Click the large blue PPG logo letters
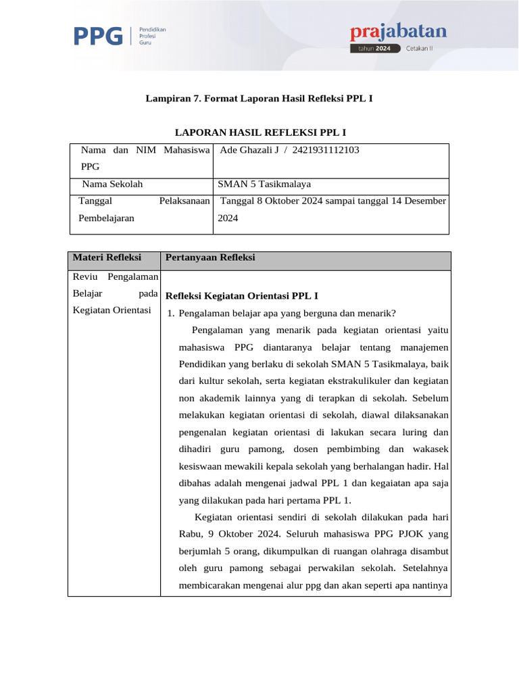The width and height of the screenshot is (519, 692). (98, 36)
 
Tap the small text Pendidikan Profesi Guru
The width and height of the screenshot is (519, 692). (152, 36)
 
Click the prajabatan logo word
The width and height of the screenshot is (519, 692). (398, 31)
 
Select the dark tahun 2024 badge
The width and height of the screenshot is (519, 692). (375, 49)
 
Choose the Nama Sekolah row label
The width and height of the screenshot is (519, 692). (112, 184)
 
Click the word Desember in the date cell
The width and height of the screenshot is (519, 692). (424, 201)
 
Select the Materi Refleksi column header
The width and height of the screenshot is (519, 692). (107, 257)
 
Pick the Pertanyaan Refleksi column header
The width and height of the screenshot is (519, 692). (210, 257)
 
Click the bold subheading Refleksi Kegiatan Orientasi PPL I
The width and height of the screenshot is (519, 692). (242, 296)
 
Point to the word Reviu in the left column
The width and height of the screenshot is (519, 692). (86, 276)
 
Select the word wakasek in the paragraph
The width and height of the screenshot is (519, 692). (430, 449)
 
